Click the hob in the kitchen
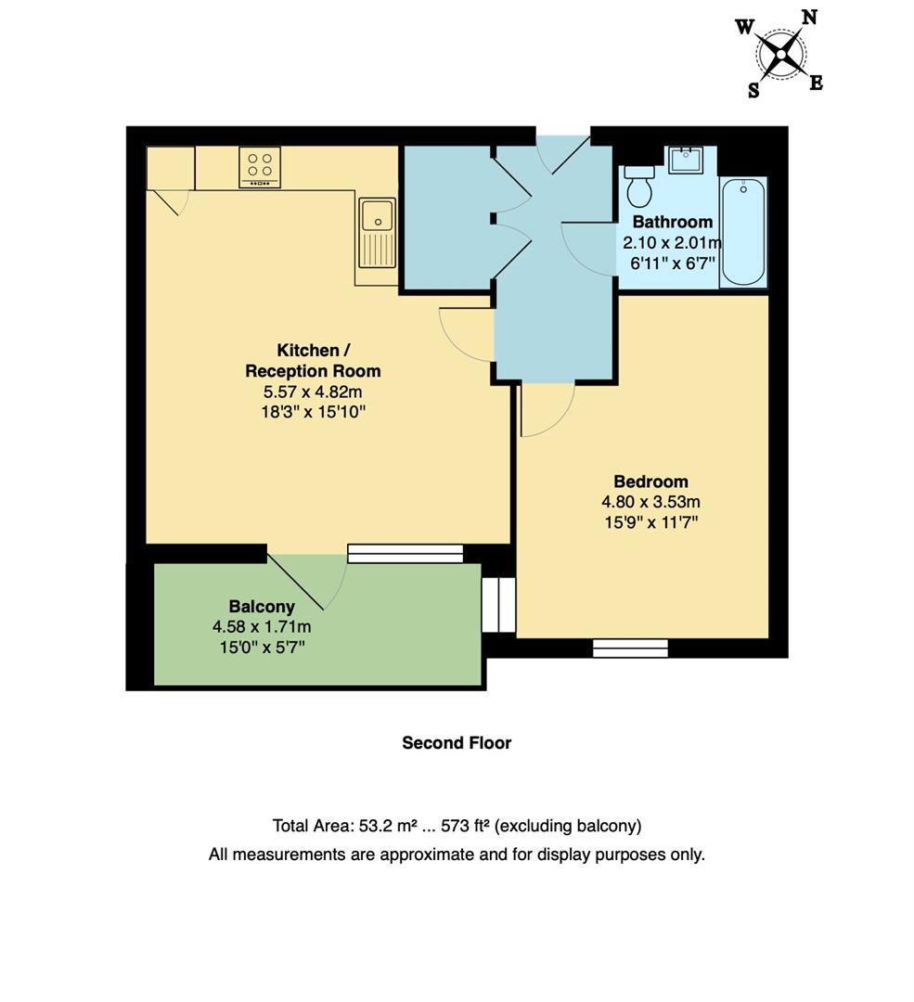click(x=260, y=167)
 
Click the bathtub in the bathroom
click(x=743, y=232)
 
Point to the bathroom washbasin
click(x=687, y=160)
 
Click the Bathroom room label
click(x=672, y=222)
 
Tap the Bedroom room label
click(x=650, y=482)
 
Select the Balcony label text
click(x=261, y=607)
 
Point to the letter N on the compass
click(x=809, y=17)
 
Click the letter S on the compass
click(x=753, y=90)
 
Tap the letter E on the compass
click(x=816, y=83)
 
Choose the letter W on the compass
click(x=744, y=27)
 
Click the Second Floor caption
click(x=457, y=743)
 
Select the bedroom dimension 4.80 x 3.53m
click(x=650, y=502)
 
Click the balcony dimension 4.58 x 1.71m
click(x=261, y=627)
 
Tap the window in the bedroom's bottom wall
click(x=630, y=648)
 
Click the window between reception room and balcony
click(x=406, y=553)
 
